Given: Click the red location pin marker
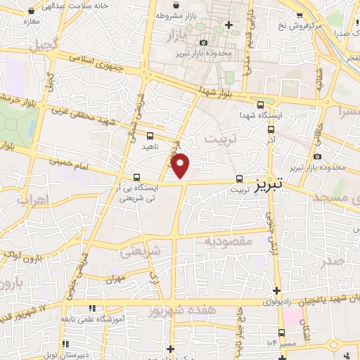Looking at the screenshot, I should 181,165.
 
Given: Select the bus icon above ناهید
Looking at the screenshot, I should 150,136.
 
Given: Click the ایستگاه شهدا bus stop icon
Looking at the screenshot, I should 260,103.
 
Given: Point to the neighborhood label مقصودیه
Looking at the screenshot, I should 228,240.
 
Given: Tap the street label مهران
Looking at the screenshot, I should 115,278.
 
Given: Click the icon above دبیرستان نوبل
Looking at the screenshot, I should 65,345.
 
